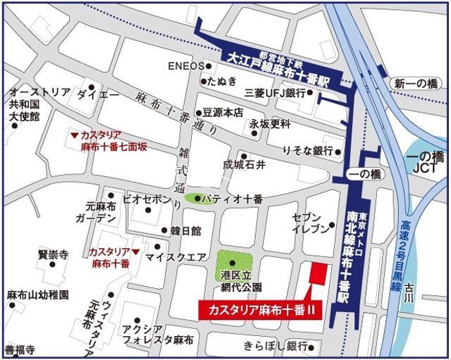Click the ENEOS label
(x=185, y=66)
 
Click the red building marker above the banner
(x=318, y=275)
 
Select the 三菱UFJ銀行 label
(x=274, y=93)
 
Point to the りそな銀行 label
(x=308, y=151)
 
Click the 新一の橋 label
(x=416, y=83)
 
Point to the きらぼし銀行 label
(x=276, y=345)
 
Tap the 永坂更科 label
(x=270, y=124)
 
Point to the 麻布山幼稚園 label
(x=37, y=294)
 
